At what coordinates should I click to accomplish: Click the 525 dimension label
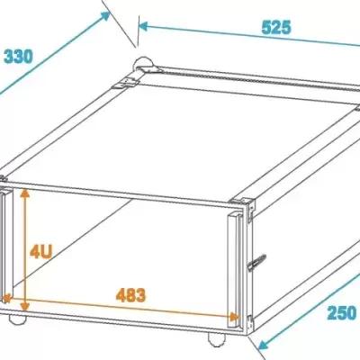pyautogui.click(x=275, y=27)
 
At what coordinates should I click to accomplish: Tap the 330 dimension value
pyautogui.click(x=18, y=56)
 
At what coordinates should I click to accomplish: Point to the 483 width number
pyautogui.click(x=131, y=294)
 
